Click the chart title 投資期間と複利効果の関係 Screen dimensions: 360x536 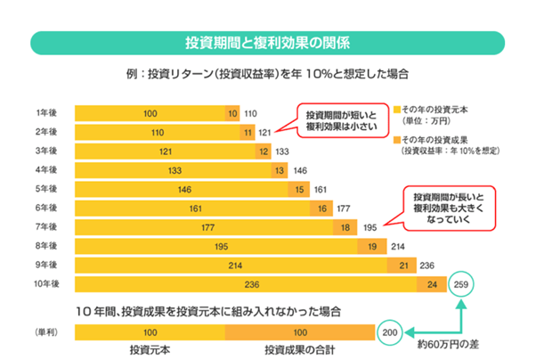[x=268, y=42]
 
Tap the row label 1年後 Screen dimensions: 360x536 [x=47, y=113]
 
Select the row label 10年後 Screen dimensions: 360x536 [x=45, y=284]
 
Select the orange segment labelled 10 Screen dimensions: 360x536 [x=232, y=113]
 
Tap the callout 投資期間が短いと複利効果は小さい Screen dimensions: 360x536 [x=342, y=122]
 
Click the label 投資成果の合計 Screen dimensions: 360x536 [x=300, y=348]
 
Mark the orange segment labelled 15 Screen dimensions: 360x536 [x=298, y=190]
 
